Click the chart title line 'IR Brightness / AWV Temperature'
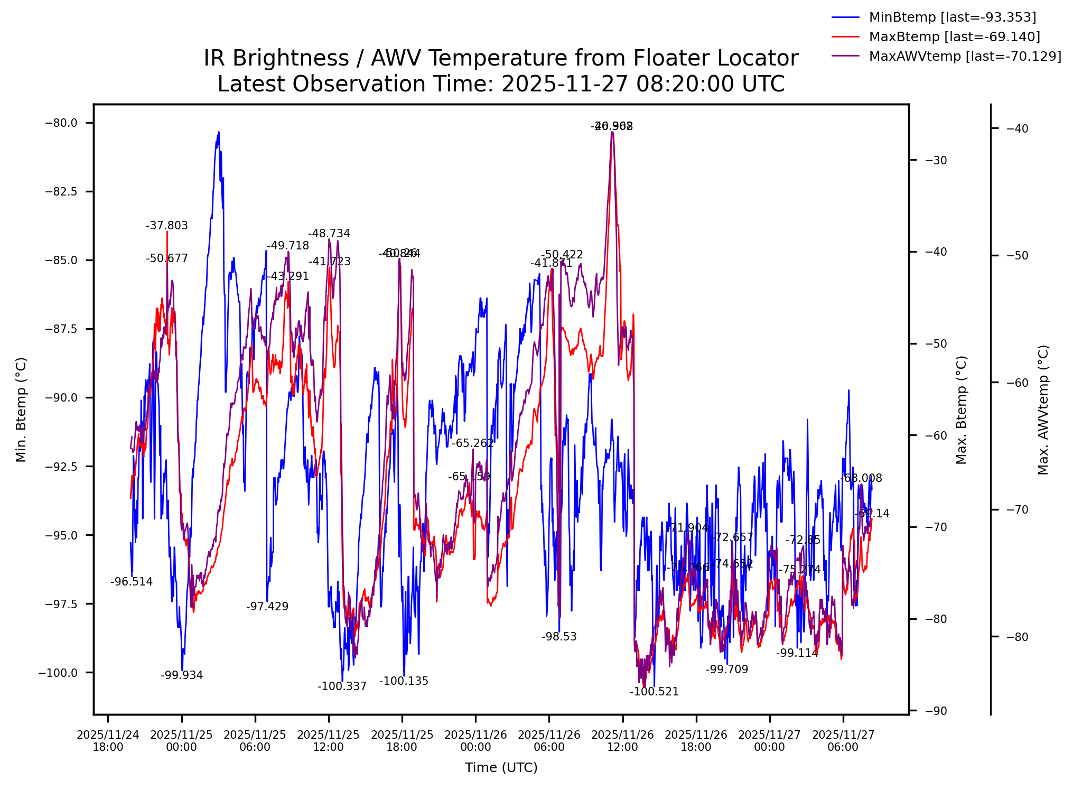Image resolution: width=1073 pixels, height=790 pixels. click(x=500, y=58)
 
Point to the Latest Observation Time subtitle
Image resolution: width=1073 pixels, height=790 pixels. click(x=500, y=84)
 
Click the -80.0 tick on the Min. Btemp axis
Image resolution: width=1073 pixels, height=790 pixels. click(x=61, y=123)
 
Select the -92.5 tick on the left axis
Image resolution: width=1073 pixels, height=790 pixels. click(x=61, y=467)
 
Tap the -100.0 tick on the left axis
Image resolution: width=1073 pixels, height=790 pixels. click(x=58, y=673)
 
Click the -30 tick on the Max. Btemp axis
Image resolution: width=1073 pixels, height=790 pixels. click(x=936, y=161)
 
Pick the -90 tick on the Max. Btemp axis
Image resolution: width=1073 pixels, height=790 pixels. click(x=936, y=711)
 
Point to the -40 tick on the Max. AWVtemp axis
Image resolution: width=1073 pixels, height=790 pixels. click(x=1018, y=129)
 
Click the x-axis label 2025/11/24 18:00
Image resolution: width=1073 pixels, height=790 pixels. click(x=108, y=741)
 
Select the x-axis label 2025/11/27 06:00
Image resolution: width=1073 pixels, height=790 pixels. click(x=843, y=741)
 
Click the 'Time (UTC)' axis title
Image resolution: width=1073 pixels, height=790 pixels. click(x=501, y=768)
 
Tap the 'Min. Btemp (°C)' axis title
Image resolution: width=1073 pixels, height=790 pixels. click(x=21, y=410)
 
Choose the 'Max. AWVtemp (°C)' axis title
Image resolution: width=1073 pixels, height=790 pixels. click(x=1043, y=410)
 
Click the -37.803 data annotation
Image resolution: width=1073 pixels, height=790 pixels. click(x=167, y=226)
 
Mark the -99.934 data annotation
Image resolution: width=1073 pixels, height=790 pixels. click(x=182, y=675)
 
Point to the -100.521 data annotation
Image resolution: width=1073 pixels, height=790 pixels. click(x=654, y=692)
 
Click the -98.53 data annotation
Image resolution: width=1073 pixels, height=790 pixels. click(x=559, y=637)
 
